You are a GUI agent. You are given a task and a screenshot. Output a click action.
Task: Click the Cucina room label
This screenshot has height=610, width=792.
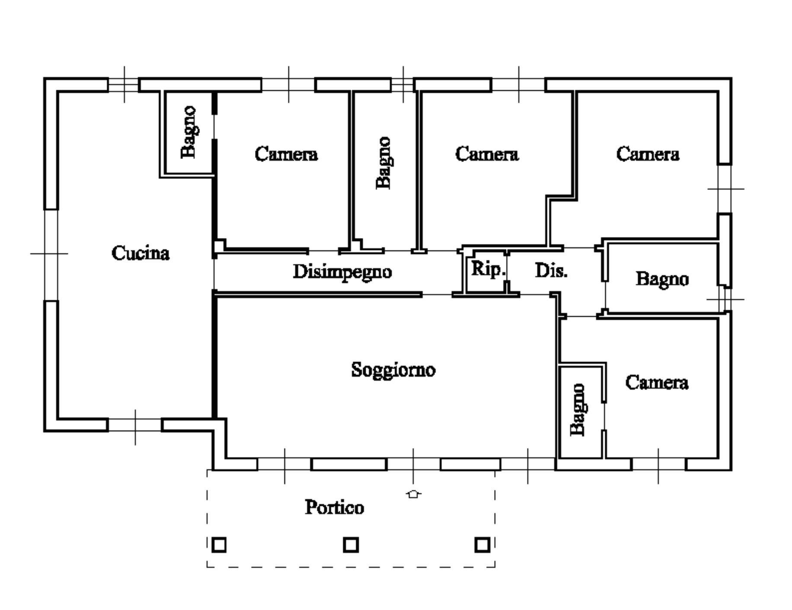[141, 253]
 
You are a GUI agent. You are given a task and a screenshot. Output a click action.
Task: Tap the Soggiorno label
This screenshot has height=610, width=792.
[393, 370]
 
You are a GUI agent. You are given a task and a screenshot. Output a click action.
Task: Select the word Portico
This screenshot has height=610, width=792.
[334, 507]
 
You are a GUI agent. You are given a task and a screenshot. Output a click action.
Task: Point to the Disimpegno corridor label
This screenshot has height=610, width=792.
[342, 272]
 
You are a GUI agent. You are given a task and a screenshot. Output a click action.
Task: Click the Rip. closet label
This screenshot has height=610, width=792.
[488, 269]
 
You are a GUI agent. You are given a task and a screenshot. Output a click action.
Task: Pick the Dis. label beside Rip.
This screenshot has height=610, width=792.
[551, 271]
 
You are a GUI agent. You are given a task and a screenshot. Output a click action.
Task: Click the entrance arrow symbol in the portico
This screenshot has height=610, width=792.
[414, 494]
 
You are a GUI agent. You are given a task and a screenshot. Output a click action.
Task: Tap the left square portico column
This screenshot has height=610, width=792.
[219, 545]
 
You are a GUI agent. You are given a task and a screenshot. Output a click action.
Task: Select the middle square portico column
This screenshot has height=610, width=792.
[351, 545]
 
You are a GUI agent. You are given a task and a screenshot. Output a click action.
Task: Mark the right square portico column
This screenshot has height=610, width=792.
[482, 545]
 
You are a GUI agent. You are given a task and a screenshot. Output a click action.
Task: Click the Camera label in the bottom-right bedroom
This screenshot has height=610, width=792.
[657, 383]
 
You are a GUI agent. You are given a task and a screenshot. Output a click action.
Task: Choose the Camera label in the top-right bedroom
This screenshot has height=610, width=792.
[648, 154]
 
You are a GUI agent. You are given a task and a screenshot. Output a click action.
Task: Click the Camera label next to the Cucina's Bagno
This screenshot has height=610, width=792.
[286, 154]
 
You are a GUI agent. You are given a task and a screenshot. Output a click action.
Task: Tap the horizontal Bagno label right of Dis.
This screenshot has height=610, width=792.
[662, 279]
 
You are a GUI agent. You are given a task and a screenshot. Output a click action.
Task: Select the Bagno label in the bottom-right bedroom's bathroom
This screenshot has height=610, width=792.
[578, 410]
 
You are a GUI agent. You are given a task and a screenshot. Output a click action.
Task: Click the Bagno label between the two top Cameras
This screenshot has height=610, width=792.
[383, 163]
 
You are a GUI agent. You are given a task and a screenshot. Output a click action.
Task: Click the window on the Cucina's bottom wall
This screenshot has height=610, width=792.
[135, 425]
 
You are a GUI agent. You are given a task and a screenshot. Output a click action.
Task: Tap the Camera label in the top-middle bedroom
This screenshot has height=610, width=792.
[487, 154]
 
